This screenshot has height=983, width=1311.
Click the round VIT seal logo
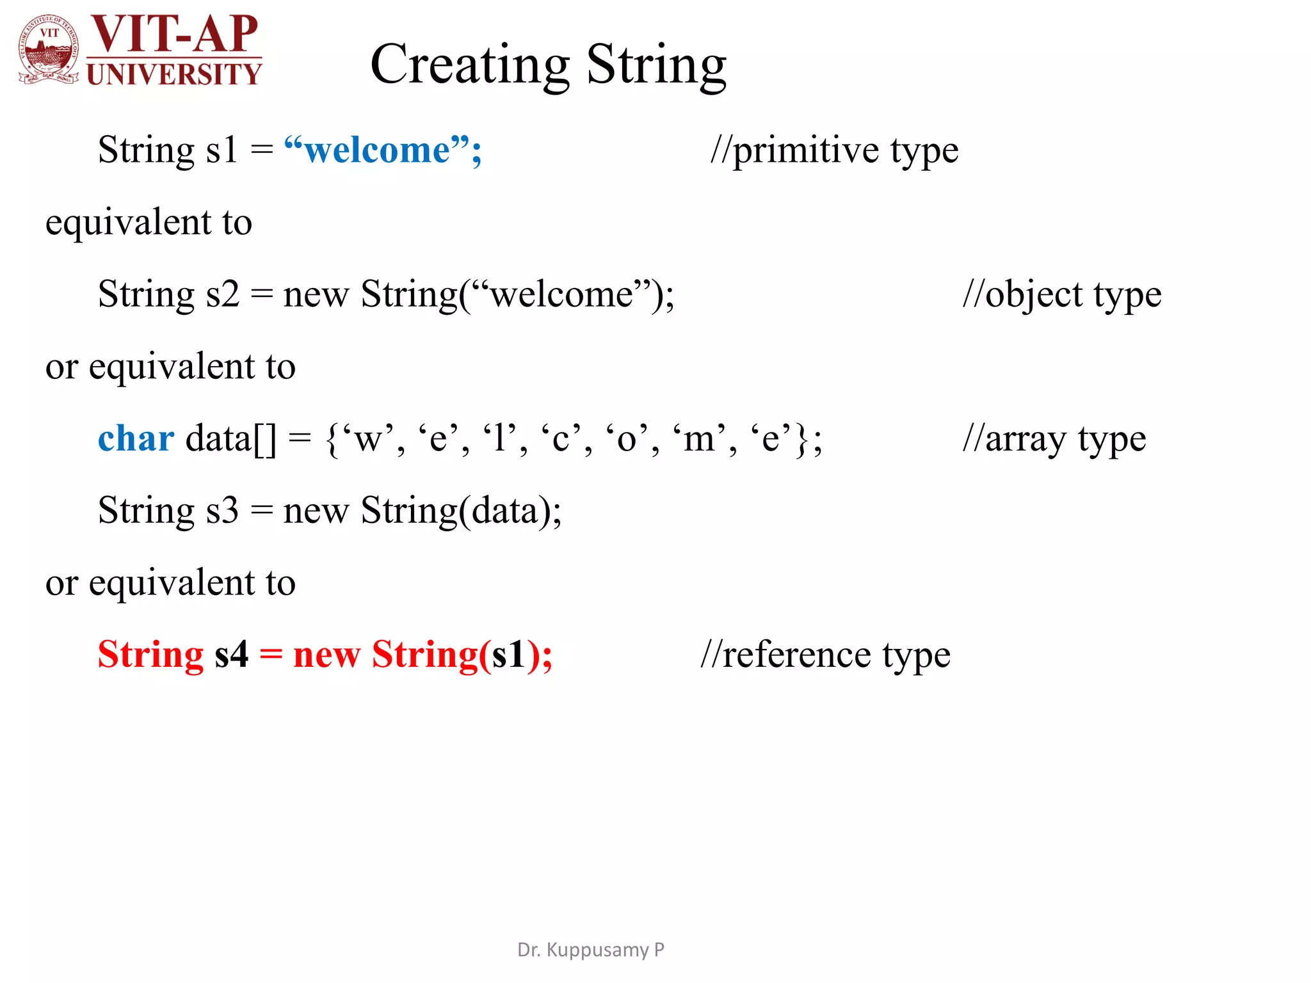coord(49,50)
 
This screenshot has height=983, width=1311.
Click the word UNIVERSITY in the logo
coord(174,74)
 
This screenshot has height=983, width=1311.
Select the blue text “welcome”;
coord(382,150)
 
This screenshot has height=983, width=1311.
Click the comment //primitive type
coord(834,151)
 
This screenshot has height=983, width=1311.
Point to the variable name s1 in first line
coord(221,150)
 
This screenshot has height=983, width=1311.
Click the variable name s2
coord(222,294)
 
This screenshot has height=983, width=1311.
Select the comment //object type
coord(1062,295)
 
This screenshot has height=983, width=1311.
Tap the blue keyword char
coord(136,439)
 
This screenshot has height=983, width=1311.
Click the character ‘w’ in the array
coord(367,439)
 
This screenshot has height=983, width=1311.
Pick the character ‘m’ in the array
coord(698,439)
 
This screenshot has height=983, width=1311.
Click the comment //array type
coord(1054,439)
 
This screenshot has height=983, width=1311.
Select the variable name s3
coord(222,511)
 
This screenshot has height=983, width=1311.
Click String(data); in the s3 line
coord(461,511)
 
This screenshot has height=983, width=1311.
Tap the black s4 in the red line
coord(231,655)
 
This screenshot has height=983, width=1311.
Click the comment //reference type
coord(825,655)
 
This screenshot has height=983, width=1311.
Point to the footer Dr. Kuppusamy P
coord(590,950)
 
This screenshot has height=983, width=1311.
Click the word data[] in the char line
coord(230,439)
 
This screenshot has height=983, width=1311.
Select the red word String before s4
coord(150,655)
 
